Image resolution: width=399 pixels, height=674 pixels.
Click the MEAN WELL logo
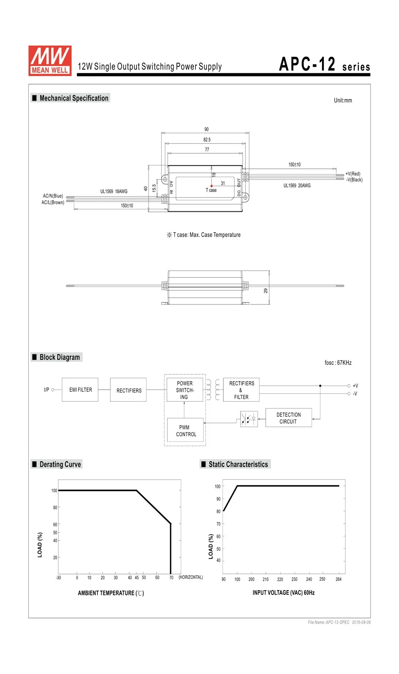[x=50, y=61]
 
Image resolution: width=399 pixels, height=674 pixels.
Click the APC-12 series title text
[x=324, y=64]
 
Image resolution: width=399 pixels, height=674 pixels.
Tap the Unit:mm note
[x=343, y=101]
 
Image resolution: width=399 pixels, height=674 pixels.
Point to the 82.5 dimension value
[x=207, y=140]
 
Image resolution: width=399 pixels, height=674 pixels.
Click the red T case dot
[x=211, y=186]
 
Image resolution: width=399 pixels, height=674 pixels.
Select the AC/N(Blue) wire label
[x=53, y=196]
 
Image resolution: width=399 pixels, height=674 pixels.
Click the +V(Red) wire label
[x=353, y=174]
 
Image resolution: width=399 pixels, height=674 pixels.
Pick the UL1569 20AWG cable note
[x=297, y=186]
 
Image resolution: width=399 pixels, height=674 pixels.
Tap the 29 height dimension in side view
[x=266, y=291]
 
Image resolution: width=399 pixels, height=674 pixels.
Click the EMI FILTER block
[x=80, y=389]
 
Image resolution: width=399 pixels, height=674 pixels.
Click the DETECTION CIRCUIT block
[x=288, y=418]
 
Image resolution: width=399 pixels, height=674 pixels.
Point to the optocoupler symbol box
[x=249, y=419]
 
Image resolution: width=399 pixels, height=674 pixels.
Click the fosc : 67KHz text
[x=338, y=363]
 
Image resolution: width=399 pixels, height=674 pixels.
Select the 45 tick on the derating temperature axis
[x=137, y=577]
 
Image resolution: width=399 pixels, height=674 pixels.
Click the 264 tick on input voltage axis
[x=338, y=579]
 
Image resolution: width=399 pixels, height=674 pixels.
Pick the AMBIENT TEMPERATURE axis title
[x=111, y=593]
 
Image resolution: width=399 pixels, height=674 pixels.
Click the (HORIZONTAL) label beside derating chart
[x=191, y=577]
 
